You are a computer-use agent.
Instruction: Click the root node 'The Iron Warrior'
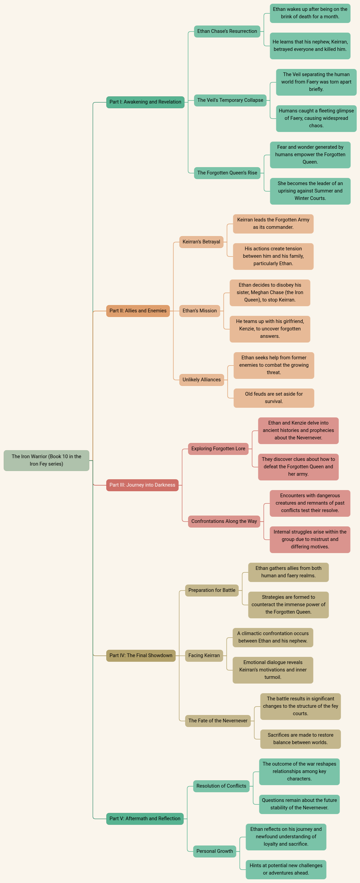pos(46,460)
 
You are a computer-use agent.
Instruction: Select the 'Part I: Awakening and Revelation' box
pos(145,102)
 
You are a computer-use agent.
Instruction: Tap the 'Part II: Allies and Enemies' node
pos(138,311)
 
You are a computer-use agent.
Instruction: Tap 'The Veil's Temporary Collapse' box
pos(230,100)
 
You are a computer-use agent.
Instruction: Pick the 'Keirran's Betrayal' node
pos(201,242)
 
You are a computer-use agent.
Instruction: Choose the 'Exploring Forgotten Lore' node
pos(218,449)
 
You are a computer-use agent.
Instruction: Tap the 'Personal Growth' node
pos(215,851)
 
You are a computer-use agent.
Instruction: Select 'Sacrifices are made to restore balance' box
pos(301,739)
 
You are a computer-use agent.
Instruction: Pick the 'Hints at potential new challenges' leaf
pos(286,870)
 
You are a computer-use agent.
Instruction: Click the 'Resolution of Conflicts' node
pos(221,786)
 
